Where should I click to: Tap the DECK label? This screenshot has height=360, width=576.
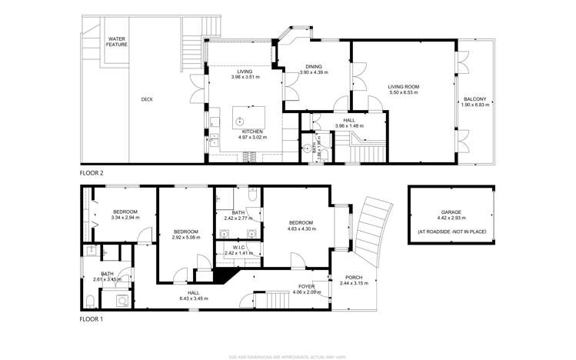point(146,98)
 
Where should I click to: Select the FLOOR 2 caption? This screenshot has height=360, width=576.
point(92,174)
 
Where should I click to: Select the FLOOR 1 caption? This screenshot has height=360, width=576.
point(92,318)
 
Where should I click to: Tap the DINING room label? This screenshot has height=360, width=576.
point(314,66)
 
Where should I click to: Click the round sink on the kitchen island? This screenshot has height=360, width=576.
point(239,120)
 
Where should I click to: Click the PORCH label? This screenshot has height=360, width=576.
point(354,278)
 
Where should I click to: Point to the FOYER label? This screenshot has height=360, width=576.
point(306,286)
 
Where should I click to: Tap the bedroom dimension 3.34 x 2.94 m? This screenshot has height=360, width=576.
point(125,218)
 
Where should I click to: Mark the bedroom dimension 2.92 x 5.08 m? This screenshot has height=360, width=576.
point(185,238)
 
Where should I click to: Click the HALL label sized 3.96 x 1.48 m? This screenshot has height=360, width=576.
point(349,125)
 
